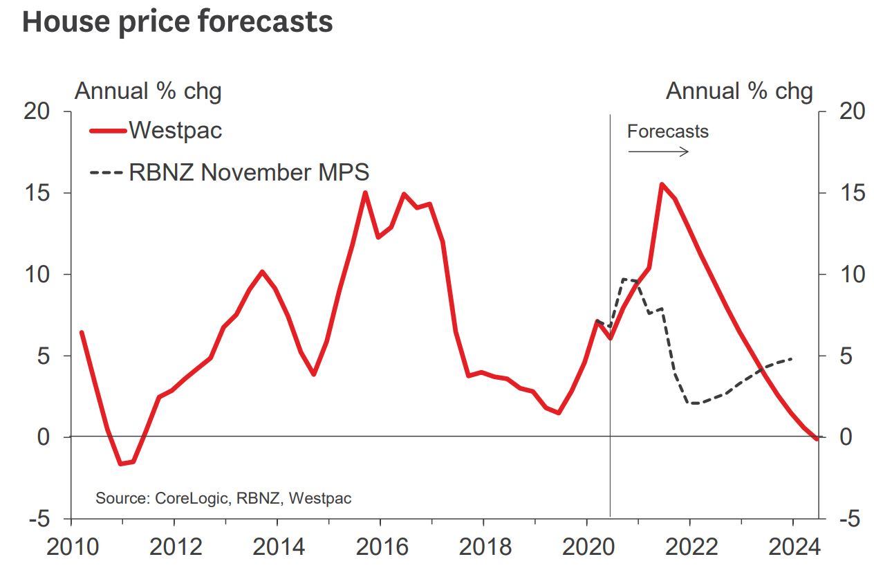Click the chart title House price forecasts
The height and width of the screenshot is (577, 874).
point(178,21)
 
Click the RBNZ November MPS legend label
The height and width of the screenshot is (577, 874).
point(249,172)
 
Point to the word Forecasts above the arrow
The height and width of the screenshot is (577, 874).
point(668,131)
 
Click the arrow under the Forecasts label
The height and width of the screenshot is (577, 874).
point(658,152)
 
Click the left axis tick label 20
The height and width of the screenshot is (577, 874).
point(39,111)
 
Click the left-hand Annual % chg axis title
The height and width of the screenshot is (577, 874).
point(148,91)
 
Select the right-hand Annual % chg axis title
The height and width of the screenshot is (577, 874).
point(739,91)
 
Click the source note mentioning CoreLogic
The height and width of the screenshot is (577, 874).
point(223,498)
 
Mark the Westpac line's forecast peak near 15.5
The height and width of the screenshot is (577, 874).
point(662,184)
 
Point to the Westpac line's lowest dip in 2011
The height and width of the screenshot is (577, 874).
point(121,464)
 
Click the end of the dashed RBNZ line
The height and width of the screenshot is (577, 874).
point(792,358)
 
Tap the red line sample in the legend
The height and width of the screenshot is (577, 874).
point(107,130)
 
